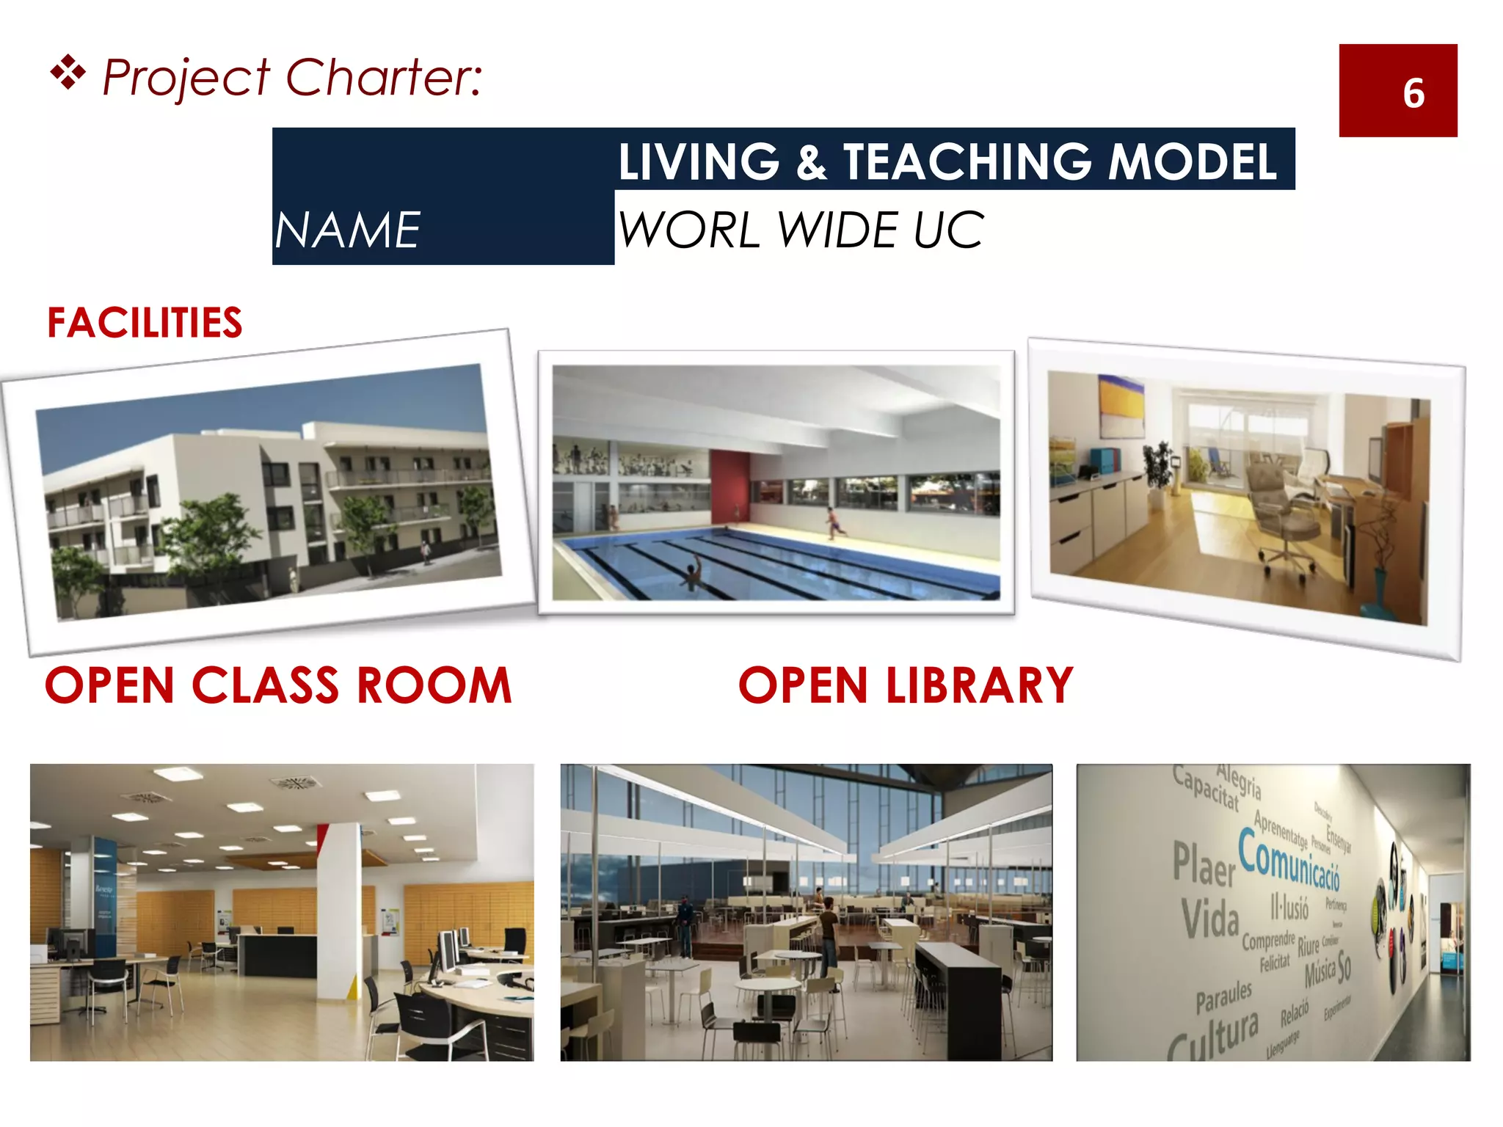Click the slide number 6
(x=1413, y=93)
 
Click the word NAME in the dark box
(x=347, y=230)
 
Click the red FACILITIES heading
(x=145, y=323)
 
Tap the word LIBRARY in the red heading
(x=980, y=686)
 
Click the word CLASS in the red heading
(x=266, y=686)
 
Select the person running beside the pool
(x=834, y=523)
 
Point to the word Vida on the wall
(x=1210, y=919)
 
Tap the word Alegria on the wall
(x=1240, y=781)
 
